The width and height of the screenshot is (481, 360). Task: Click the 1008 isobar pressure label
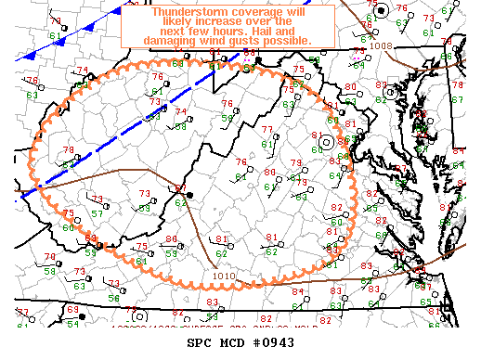pyautogui.click(x=380, y=45)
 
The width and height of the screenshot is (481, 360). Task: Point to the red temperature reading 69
pyautogui.click(x=73, y=309)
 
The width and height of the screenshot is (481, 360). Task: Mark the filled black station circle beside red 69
pyautogui.click(x=82, y=317)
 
